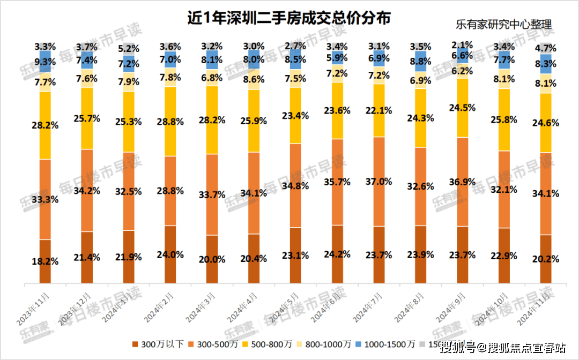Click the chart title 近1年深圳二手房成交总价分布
[289, 17]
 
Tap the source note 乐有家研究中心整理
[503, 24]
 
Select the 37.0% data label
[378, 182]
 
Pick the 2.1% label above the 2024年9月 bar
[462, 44]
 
